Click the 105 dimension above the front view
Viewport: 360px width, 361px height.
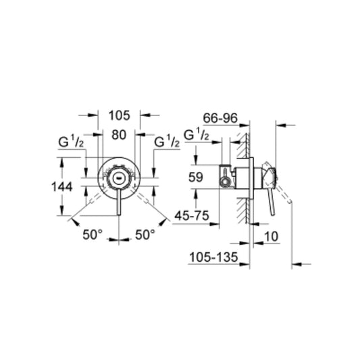point(120,115)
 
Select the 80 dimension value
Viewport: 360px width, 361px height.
point(119,135)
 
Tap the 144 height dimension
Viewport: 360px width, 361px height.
point(61,186)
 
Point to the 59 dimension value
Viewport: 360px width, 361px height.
point(196,177)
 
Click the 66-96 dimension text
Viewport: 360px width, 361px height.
point(220,118)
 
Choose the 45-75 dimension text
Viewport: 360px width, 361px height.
point(192,216)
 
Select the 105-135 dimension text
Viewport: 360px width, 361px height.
point(213,257)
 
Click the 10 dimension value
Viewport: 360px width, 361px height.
point(272,236)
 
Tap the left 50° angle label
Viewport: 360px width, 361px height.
point(93,235)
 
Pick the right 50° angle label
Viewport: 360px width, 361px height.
point(145,235)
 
